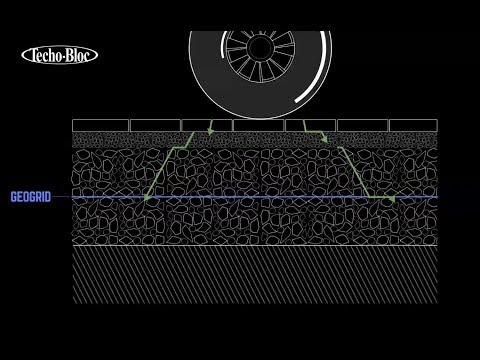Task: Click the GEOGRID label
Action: point(30,197)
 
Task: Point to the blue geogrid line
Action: point(250,198)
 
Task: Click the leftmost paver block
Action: point(99,125)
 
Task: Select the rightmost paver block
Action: point(412,125)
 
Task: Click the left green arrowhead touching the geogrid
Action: point(147,199)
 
